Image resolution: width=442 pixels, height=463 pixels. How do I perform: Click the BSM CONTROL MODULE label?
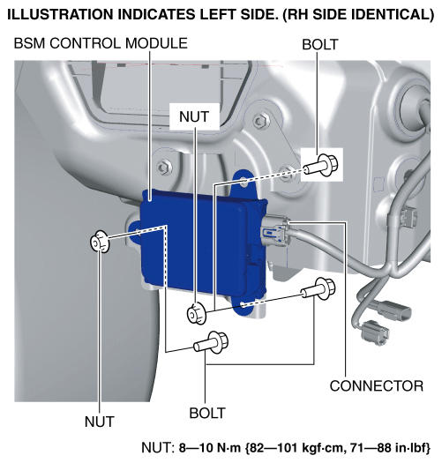tap(101, 43)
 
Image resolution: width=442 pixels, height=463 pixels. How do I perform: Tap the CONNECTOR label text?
tap(377, 386)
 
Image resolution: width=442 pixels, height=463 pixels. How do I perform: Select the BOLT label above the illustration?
tap(320, 45)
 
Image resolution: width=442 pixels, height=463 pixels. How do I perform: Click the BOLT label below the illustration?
tap(207, 413)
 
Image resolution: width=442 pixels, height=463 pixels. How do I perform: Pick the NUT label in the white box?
tap(194, 116)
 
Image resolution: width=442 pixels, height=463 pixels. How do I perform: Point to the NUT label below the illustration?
tap(100, 422)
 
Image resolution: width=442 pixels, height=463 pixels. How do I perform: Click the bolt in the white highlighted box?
tap(321, 165)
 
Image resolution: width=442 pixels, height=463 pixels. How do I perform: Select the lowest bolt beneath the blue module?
tap(211, 342)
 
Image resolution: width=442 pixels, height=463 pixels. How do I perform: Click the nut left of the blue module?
tap(100, 242)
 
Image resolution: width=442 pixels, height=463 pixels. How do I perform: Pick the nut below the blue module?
tap(197, 314)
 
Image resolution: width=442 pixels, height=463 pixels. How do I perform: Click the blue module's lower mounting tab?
tap(244, 306)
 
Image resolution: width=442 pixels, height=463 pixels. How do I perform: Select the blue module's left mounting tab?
tap(135, 233)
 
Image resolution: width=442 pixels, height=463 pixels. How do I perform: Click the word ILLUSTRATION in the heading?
tap(61, 14)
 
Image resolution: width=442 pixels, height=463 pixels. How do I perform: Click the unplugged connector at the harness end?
tap(375, 332)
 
